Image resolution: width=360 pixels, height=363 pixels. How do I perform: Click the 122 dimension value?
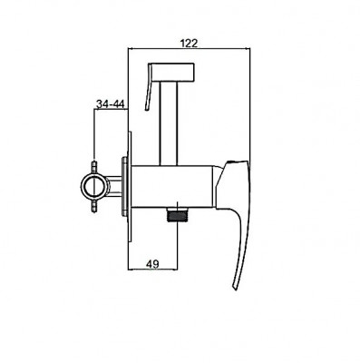[x=189, y=44]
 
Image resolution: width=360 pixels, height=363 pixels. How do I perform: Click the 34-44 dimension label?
[x=111, y=104]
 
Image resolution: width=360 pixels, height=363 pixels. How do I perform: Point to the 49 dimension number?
[x=152, y=264]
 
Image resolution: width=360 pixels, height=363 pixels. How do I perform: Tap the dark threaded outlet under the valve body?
[x=177, y=216]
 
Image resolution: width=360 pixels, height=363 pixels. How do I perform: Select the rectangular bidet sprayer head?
[x=173, y=73]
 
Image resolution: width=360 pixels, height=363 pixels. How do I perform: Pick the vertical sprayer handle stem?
[x=168, y=124]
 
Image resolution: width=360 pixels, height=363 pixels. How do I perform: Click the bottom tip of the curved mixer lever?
[x=235, y=289]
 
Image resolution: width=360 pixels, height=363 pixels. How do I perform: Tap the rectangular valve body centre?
[x=173, y=187]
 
